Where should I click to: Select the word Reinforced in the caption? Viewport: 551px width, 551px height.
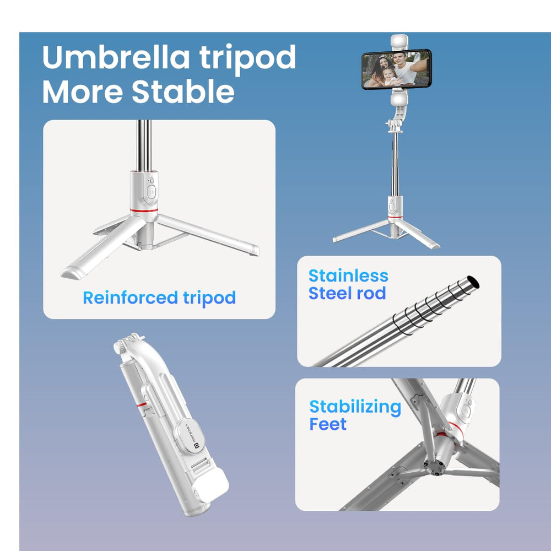[x=122, y=298]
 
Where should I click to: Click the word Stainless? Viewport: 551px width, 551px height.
[x=348, y=275]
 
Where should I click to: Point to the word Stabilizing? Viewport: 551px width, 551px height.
[x=355, y=407]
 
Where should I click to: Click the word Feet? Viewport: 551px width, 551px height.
[x=328, y=424]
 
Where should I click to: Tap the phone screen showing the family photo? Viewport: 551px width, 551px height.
[x=396, y=70]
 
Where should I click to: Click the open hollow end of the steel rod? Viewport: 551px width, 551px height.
[x=472, y=283]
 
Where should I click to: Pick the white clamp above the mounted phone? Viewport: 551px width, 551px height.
[x=398, y=42]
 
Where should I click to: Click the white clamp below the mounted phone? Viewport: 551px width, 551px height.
[x=398, y=99]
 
